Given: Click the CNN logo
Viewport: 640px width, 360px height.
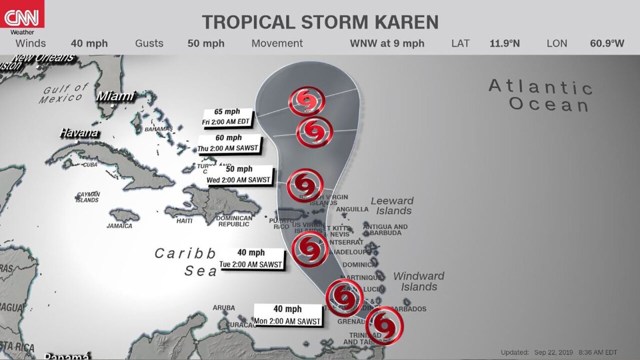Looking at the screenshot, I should (22, 15).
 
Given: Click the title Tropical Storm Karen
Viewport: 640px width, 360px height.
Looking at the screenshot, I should (320, 22).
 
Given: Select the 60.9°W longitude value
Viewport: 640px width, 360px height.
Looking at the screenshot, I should (607, 43).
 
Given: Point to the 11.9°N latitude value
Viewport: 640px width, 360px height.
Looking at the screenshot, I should (504, 43).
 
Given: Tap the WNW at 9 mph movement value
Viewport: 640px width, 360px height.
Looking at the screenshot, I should (387, 43).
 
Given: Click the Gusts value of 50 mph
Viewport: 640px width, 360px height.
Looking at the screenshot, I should (206, 43).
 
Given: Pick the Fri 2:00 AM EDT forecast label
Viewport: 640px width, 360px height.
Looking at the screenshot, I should (227, 117).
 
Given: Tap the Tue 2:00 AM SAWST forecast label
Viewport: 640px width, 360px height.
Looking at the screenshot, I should (251, 259).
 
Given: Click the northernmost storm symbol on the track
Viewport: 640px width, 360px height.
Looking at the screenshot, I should (306, 102).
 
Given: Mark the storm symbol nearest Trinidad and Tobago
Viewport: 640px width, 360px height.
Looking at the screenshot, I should (384, 326).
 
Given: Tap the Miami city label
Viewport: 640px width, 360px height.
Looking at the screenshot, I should (115, 96).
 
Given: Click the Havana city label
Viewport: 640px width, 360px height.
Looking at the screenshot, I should (78, 133).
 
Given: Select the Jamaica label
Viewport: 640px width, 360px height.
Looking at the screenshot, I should (119, 226).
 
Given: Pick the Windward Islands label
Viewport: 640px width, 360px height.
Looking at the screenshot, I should (418, 281).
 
